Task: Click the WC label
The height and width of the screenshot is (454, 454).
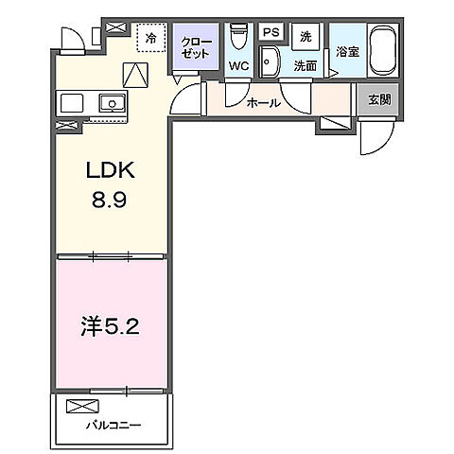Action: point(238,67)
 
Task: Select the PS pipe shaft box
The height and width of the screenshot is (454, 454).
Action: point(271,32)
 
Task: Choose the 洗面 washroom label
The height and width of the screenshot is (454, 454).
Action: point(304,66)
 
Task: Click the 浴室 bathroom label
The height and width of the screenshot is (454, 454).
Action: point(346,52)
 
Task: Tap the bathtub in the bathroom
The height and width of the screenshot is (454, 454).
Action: point(382,51)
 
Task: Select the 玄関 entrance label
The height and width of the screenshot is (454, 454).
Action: point(378,97)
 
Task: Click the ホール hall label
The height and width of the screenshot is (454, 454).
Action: point(262,102)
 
